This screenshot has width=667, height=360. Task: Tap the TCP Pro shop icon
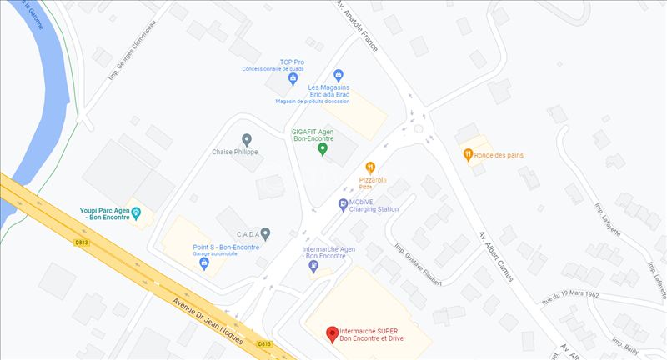click(293, 79)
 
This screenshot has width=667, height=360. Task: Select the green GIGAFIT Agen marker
click(323, 149)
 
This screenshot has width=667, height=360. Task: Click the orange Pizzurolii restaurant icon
click(371, 167)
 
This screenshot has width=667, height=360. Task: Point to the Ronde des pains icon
click(469, 154)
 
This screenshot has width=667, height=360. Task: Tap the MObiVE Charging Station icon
click(344, 204)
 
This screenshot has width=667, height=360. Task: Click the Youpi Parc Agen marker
click(138, 213)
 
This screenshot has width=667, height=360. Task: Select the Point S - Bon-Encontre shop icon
click(204, 263)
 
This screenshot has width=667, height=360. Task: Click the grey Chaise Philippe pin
click(246, 139)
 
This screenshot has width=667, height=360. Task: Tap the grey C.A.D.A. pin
click(265, 234)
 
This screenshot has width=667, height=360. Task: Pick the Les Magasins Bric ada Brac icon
click(339, 76)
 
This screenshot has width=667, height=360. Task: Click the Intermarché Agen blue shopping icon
click(313, 267)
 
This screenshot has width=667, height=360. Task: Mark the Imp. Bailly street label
click(625, 347)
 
